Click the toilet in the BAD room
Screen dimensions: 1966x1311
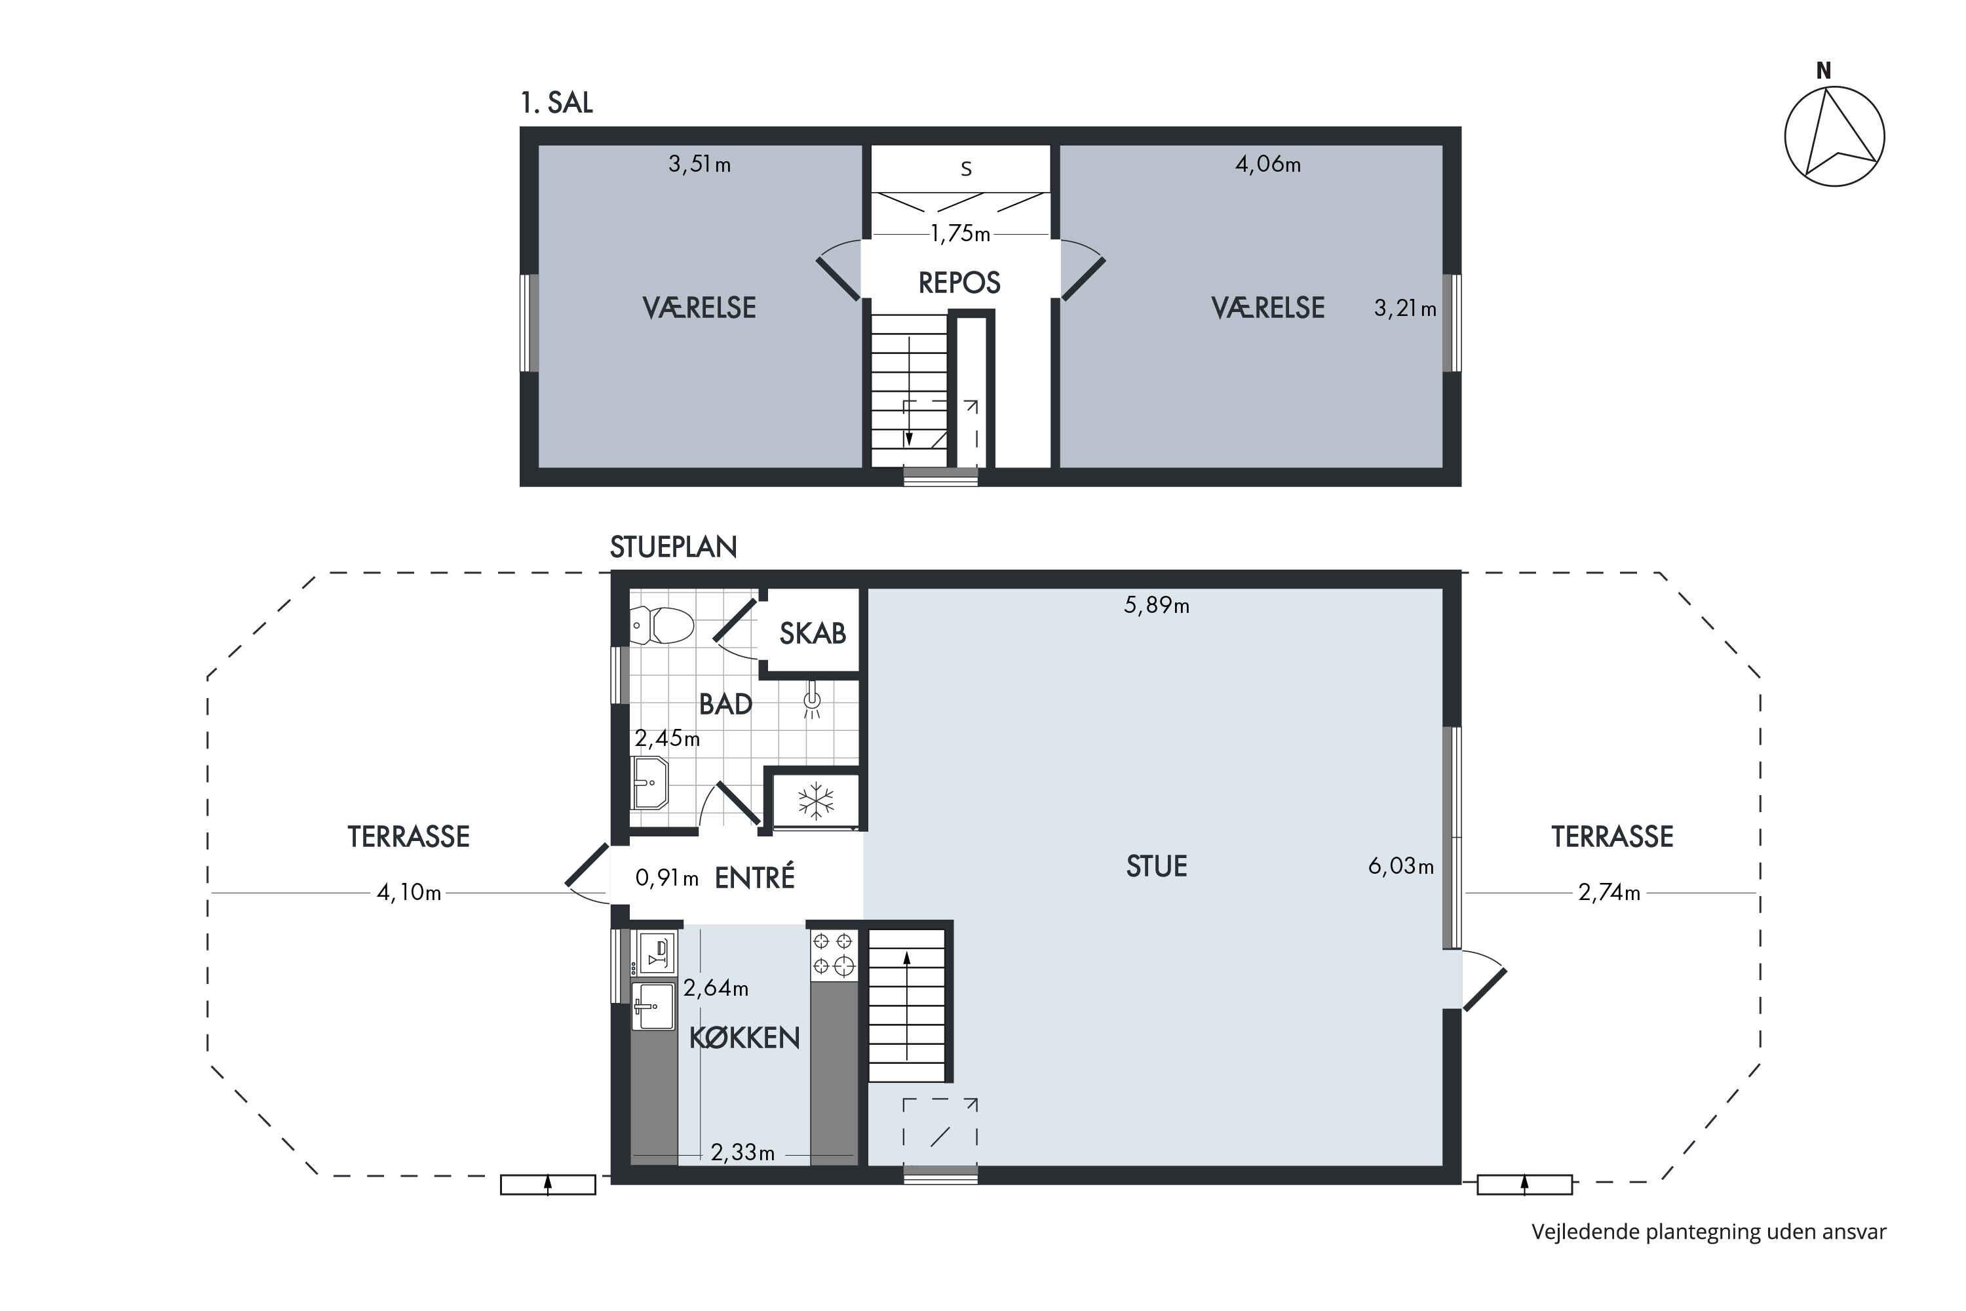662,625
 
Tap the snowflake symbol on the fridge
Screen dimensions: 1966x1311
816,801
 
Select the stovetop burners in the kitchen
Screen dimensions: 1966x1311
834,954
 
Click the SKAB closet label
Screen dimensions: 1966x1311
813,634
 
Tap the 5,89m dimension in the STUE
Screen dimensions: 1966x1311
1156,605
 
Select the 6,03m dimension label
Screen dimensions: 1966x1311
1401,866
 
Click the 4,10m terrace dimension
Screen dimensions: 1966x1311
409,893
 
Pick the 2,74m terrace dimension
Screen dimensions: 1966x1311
1609,893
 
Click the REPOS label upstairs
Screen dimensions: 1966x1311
959,283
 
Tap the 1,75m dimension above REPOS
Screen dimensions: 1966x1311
961,234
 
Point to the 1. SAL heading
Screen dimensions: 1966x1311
556,103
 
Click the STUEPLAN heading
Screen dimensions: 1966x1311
673,547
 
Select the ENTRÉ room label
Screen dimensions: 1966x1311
755,877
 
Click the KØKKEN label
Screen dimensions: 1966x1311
744,1038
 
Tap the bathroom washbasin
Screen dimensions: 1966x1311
649,783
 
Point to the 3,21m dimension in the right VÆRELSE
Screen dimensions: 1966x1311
1405,309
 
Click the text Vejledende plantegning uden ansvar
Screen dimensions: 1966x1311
1708,1232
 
